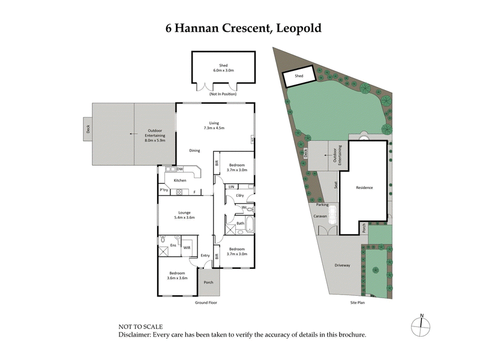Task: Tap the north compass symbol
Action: [x=422, y=326]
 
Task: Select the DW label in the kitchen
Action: [x=179, y=169]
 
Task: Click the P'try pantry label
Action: [x=164, y=190]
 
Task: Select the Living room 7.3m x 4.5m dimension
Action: [x=214, y=127]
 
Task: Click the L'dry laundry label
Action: [x=239, y=195]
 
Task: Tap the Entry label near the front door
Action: [x=205, y=256]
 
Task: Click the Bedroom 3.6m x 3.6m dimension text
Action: [x=178, y=278]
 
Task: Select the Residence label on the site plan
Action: [x=364, y=188]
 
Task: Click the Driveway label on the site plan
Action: [x=342, y=265]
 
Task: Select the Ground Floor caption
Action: [x=205, y=303]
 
